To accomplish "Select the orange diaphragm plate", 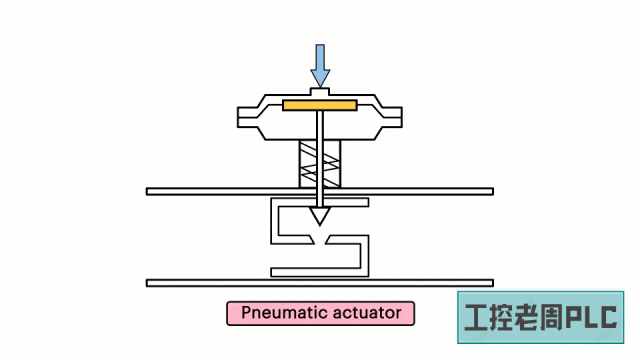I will coord(320,105).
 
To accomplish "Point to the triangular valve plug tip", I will coord(320,214).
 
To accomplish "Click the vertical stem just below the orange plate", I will coord(320,130).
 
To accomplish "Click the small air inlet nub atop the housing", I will coord(320,92).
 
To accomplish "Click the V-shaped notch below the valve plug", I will coord(320,241).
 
